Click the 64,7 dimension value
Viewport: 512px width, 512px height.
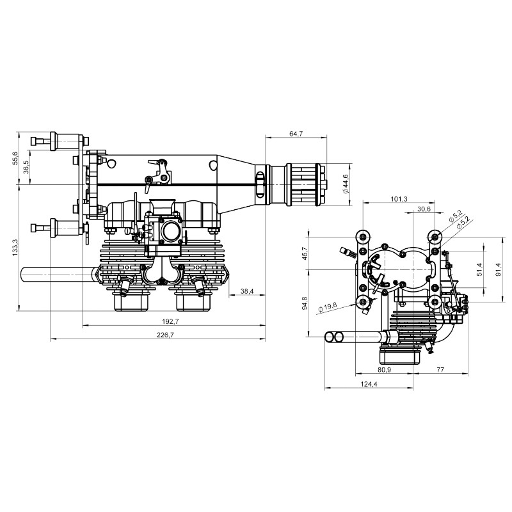click(x=296, y=134)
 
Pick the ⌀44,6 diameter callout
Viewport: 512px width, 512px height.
click(x=345, y=184)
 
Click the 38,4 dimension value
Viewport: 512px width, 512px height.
click(x=247, y=291)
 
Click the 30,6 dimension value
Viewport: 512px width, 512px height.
click(x=423, y=209)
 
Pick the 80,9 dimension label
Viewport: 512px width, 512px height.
click(x=385, y=370)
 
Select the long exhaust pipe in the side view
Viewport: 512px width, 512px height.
click(x=58, y=275)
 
